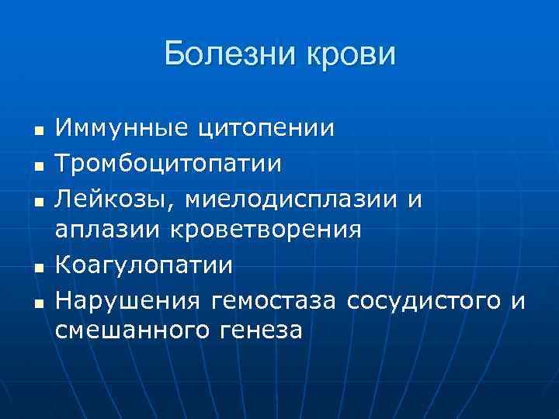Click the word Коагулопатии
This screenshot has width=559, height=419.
tap(144, 265)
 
